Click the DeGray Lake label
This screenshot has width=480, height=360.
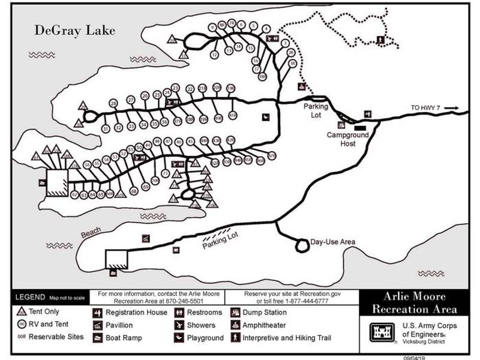pos(74,30)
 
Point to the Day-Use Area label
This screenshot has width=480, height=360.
pos(332,242)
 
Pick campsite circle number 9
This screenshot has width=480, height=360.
pos(212,27)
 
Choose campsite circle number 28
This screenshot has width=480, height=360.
pos(113,103)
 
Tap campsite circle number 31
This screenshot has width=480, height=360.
pos(106,128)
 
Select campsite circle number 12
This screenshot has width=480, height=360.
pos(214,55)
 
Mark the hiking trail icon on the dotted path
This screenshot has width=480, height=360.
pos(380,40)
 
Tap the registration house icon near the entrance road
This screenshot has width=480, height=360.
pos(368,113)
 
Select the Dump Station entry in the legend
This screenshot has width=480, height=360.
pos(264,313)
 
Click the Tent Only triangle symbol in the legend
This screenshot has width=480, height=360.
pos(20,312)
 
